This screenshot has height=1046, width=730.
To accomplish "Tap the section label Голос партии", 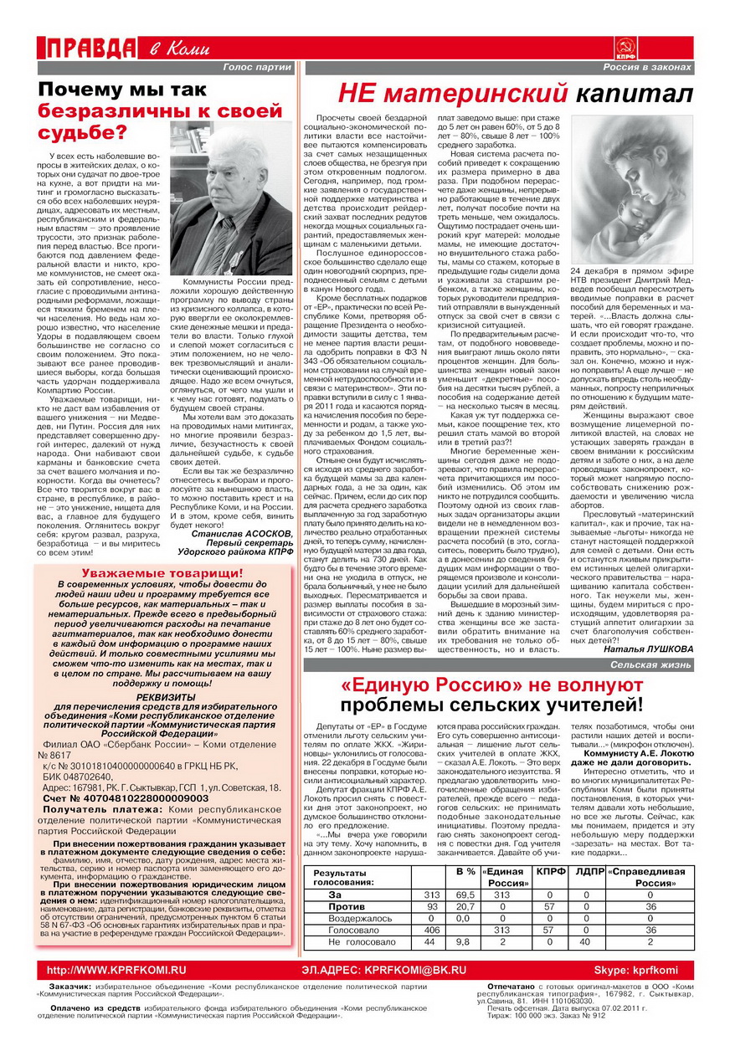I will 257,67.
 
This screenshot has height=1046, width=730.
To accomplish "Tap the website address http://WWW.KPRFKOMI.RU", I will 116,969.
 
